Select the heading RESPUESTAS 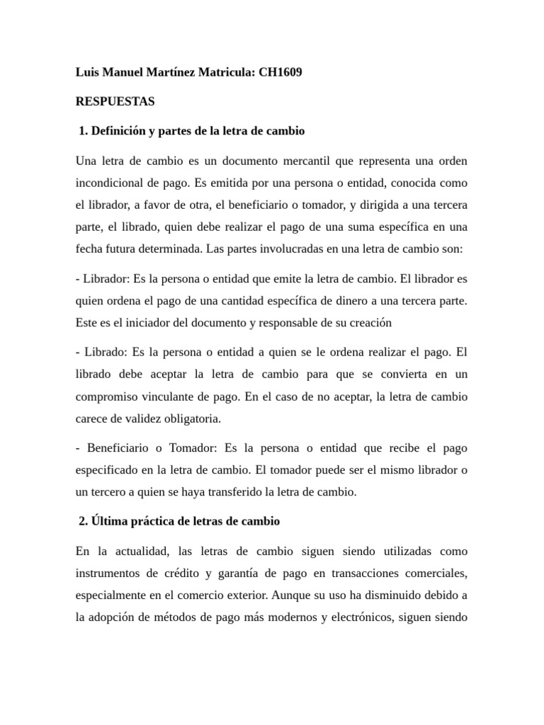coord(115,102)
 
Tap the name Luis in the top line coord(87,72)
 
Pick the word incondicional coord(110,183)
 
